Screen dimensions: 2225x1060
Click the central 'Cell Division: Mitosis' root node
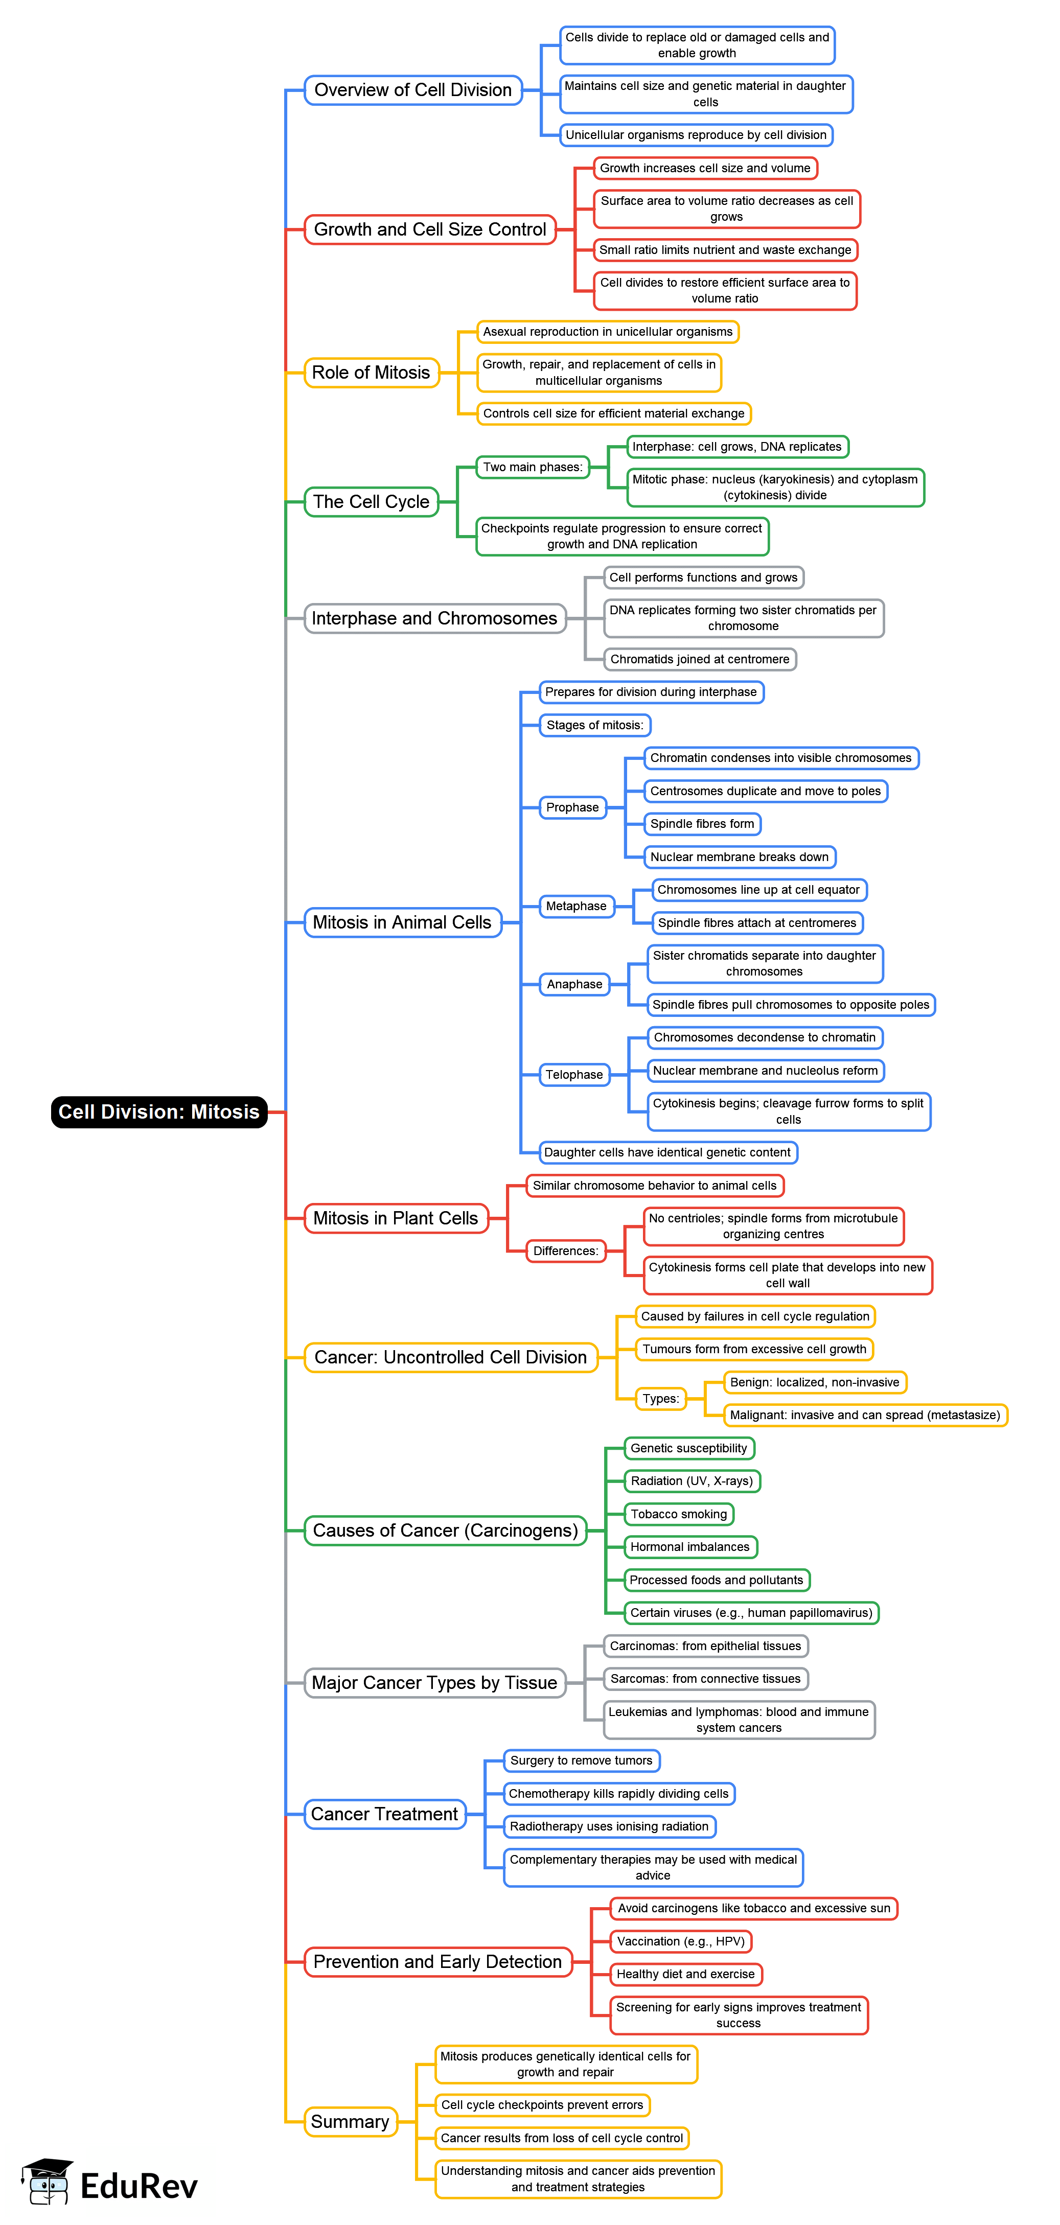click(x=159, y=1111)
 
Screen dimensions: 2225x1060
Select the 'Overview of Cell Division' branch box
click(x=413, y=90)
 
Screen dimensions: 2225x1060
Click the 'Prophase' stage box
click(x=572, y=807)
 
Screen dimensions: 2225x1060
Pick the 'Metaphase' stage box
click(x=575, y=906)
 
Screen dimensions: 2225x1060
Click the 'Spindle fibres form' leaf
click(x=702, y=824)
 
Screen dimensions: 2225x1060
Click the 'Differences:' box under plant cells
click(x=565, y=1250)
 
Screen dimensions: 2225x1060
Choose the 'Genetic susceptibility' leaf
click(x=688, y=1448)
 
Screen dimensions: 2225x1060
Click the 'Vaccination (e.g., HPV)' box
click(x=681, y=1942)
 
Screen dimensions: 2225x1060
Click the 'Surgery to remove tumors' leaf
click(x=582, y=1760)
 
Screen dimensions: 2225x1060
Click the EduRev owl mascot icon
click(x=48, y=2182)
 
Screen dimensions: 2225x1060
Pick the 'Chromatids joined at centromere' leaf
click(x=700, y=659)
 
